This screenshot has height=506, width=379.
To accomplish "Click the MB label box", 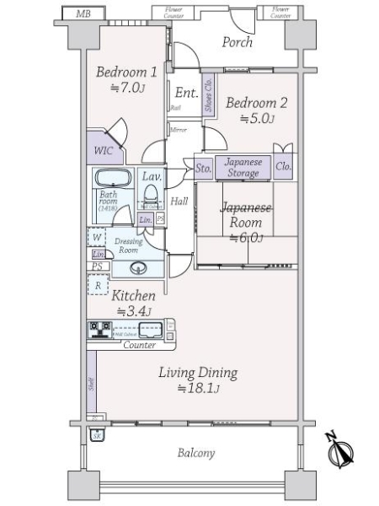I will click(83, 14).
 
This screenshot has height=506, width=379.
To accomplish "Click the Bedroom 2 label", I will click(256, 104).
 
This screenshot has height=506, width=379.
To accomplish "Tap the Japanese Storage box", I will click(243, 167).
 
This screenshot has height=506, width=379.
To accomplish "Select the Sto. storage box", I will click(203, 167).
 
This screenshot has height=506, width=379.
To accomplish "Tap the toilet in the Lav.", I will click(152, 196).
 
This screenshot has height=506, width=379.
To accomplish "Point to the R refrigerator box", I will click(99, 285).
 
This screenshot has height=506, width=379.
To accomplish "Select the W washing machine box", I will click(98, 238).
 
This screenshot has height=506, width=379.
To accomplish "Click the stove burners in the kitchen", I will click(99, 331).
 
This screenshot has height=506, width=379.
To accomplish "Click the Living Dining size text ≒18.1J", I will click(198, 388).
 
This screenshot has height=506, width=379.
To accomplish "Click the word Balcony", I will click(195, 453).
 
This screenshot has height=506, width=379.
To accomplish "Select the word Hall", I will click(179, 202).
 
